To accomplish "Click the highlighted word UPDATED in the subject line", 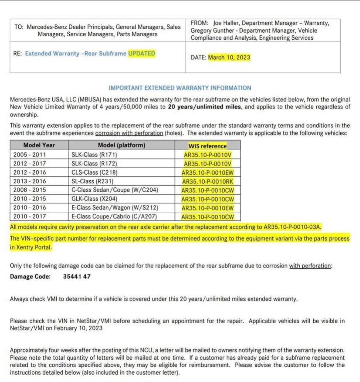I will [142, 53].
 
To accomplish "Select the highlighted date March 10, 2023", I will [229, 57].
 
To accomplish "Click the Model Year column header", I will [39, 145].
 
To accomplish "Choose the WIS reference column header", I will [207, 146].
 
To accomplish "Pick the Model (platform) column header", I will [121, 145].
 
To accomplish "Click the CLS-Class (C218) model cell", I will [94, 172].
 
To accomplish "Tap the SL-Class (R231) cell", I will [93, 181].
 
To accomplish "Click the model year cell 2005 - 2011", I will [30, 155].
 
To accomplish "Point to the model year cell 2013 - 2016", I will [30, 181].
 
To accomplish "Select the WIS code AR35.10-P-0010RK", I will [208, 182].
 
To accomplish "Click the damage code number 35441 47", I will [77, 276].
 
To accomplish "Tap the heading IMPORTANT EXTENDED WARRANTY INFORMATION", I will [180, 88].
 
